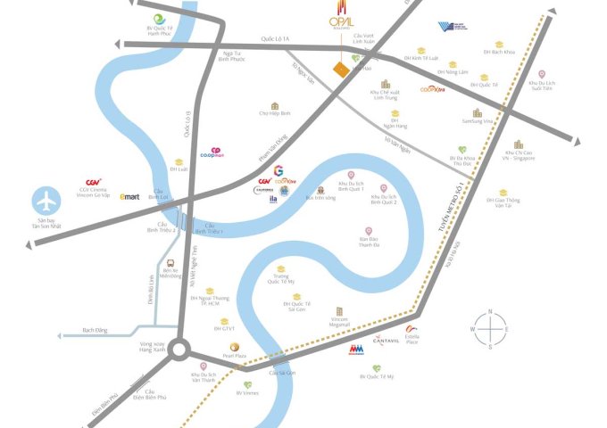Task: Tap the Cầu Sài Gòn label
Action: pos(282,371)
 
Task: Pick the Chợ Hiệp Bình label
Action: pos(276,113)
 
